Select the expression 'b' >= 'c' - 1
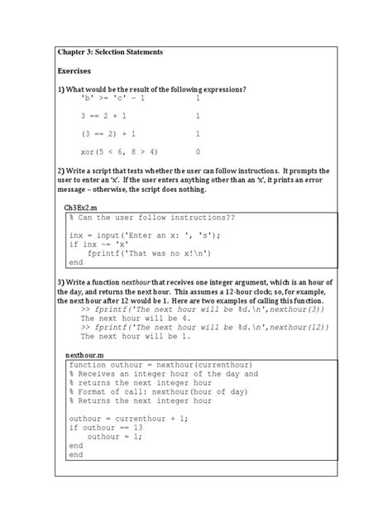(112, 98)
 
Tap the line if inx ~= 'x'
(102, 244)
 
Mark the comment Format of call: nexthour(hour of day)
(155, 392)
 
